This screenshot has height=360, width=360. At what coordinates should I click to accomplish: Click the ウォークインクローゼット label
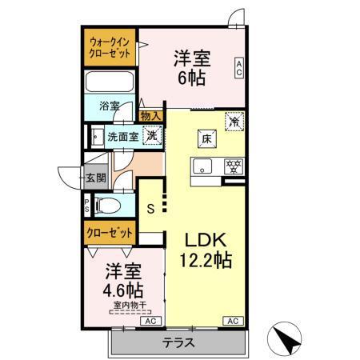point(110,46)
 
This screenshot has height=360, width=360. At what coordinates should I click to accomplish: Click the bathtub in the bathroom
point(110,83)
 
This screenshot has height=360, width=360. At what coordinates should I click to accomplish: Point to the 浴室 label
point(110,106)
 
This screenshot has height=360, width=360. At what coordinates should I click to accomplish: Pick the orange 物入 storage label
point(150,116)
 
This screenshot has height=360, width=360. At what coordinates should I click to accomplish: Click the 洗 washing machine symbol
point(150,135)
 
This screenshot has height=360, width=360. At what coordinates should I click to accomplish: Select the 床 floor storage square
point(206,138)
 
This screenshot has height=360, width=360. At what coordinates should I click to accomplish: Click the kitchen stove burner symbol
point(234,167)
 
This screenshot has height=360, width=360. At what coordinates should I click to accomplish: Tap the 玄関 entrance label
point(95,178)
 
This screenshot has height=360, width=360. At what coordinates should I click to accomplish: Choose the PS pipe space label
point(86,206)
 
